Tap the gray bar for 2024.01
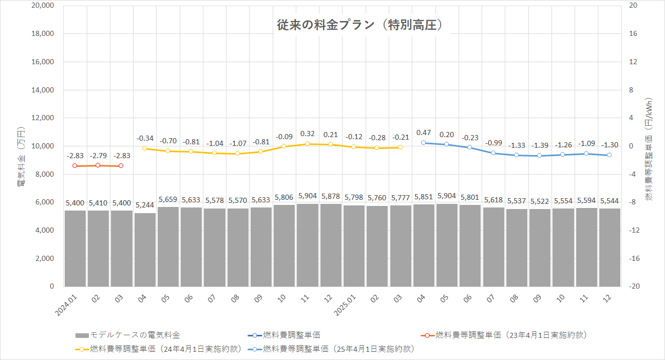point(75,248)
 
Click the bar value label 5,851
point(424,197)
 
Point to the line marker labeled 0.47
point(424,143)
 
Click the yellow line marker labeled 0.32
point(307,144)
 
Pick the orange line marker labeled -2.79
point(98,165)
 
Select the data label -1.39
point(539,145)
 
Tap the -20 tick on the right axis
point(633,287)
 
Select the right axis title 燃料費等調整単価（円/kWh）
point(649,149)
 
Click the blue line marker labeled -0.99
point(493,153)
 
